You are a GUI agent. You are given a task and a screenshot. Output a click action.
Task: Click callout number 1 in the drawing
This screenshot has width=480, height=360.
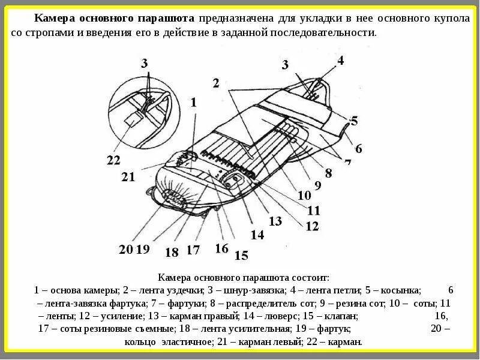(x=193, y=103)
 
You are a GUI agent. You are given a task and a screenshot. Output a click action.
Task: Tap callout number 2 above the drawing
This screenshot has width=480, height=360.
(x=215, y=83)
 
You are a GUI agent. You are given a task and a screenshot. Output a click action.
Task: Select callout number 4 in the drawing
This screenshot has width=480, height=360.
(x=340, y=60)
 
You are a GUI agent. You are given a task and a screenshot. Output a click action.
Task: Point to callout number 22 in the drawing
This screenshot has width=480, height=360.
(x=113, y=160)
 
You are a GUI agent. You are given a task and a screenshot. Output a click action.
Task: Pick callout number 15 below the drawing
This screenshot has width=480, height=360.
(x=241, y=256)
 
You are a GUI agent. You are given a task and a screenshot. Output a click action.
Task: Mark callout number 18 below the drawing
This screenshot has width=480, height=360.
(x=172, y=252)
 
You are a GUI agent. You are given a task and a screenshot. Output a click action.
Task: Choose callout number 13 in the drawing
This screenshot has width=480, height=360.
(x=275, y=221)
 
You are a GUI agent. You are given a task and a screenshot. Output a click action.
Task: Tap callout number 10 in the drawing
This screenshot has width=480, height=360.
(x=304, y=195)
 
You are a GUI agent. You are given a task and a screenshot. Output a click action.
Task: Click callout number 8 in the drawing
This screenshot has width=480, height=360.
(x=328, y=173)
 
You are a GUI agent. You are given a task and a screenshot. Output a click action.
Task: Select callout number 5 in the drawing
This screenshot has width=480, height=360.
(x=354, y=121)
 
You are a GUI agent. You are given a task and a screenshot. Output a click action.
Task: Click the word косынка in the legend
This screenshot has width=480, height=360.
(x=401, y=289)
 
